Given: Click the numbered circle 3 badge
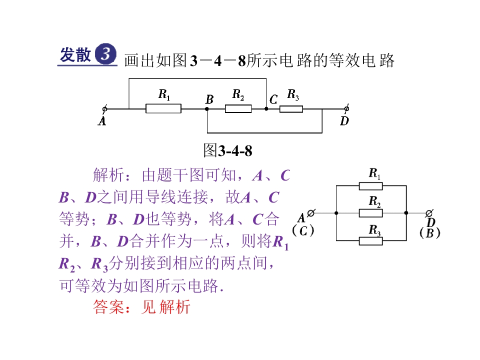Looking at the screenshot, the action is (x=105, y=53).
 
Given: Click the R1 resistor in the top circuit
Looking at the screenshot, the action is (x=163, y=108).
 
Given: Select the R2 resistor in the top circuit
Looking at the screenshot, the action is (x=238, y=108).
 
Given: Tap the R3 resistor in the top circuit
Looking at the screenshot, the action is (x=291, y=109).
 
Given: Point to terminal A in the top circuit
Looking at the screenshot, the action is (x=104, y=108).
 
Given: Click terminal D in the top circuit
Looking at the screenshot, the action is (x=346, y=108).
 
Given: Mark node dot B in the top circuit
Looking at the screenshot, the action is (x=207, y=109).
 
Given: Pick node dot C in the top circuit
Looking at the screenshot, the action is (x=266, y=108).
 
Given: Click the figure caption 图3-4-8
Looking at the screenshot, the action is (x=228, y=150).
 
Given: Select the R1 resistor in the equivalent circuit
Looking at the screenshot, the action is (x=370, y=186).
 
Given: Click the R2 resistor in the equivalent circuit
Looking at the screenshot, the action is (x=370, y=213).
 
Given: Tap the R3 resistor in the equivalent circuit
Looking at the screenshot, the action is (x=370, y=241).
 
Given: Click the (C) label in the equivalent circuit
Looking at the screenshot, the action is (x=303, y=230).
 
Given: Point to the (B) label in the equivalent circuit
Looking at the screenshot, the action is (x=430, y=233).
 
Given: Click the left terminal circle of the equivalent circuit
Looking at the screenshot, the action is (x=311, y=213).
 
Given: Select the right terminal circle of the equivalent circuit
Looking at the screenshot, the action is (x=429, y=213).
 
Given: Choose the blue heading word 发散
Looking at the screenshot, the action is (x=75, y=54).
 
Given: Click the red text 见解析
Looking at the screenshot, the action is (x=165, y=306).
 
